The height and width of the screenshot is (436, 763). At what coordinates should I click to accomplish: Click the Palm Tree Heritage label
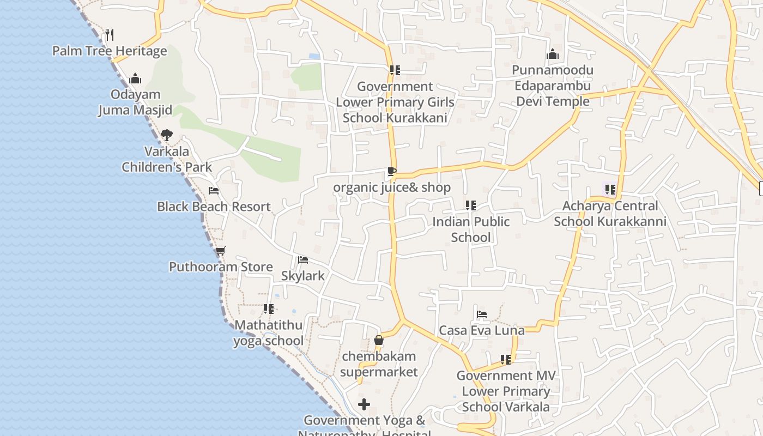(110, 51)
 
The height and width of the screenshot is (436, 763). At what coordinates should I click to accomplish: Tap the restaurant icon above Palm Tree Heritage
(110, 35)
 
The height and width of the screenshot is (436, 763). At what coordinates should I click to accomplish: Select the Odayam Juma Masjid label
(135, 102)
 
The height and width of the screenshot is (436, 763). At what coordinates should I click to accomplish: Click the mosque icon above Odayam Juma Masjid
(135, 79)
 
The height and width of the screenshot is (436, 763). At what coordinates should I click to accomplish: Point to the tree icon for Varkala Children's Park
(167, 135)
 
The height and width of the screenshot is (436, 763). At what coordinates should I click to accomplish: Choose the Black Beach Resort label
(214, 207)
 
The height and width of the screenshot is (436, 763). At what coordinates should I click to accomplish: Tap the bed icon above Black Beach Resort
(214, 191)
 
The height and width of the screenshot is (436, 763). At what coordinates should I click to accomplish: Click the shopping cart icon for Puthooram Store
(220, 251)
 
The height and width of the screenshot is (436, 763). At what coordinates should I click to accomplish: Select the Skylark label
(302, 276)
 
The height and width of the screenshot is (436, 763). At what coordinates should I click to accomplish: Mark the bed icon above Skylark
(303, 260)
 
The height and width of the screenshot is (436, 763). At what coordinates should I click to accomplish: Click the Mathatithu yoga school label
(268, 333)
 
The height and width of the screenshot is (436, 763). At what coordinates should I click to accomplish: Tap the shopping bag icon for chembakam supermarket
(379, 341)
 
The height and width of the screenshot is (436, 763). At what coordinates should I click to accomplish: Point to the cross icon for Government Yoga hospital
(364, 404)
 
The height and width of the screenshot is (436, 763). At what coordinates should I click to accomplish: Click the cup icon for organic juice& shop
(391, 172)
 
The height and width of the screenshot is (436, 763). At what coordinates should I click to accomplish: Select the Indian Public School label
(471, 229)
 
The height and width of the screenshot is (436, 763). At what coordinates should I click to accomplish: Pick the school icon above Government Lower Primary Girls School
(395, 70)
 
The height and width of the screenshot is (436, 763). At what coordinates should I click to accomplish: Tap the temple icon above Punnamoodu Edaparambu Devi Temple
(553, 55)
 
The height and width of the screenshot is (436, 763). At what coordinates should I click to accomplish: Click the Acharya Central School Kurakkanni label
(610, 214)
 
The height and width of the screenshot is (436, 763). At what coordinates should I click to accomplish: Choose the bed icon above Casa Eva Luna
(482, 314)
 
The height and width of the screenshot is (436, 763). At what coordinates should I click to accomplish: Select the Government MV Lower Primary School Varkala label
(506, 391)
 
